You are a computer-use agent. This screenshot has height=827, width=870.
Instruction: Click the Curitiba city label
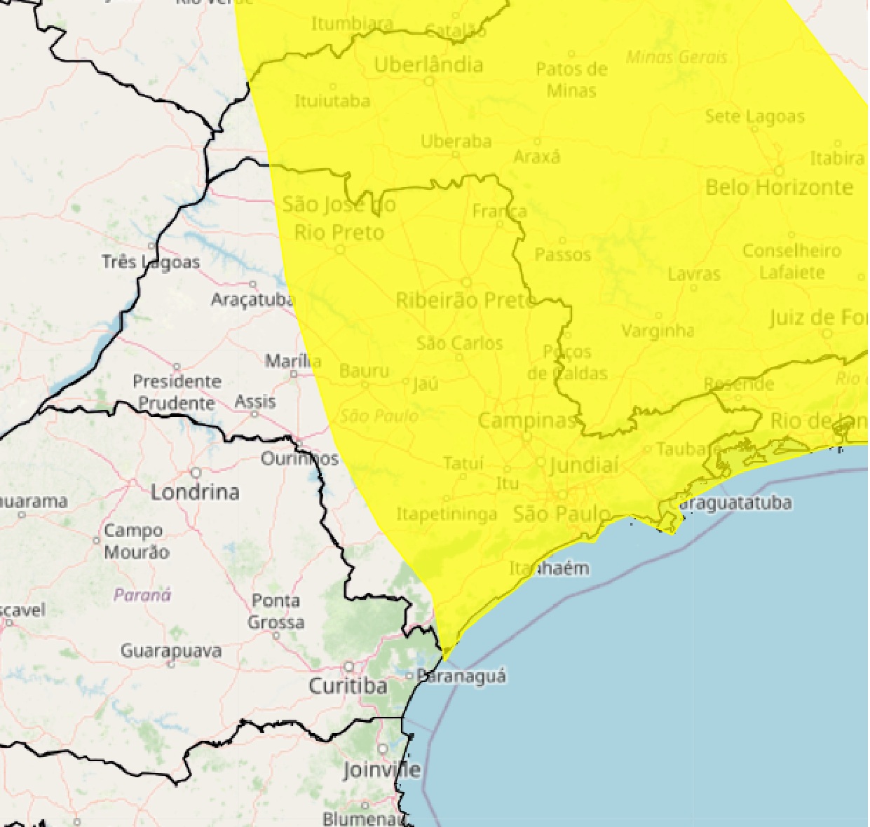(x=348, y=685)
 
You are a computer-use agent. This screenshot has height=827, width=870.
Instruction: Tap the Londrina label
(x=195, y=492)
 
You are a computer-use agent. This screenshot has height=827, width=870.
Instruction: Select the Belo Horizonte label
(x=779, y=188)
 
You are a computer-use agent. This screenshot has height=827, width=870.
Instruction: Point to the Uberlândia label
(x=428, y=65)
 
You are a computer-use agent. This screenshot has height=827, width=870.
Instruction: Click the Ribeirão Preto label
(x=465, y=301)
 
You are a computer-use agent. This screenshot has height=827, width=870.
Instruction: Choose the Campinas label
(x=526, y=421)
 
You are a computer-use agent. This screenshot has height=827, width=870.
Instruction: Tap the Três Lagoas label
(x=151, y=262)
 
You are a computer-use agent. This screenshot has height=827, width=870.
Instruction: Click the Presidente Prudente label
(x=177, y=392)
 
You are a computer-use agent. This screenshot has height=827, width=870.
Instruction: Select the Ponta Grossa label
(x=276, y=611)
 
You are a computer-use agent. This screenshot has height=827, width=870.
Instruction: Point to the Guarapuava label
(x=171, y=651)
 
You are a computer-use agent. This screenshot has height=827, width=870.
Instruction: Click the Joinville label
(x=381, y=770)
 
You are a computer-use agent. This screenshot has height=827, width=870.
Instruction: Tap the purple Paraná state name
(x=142, y=595)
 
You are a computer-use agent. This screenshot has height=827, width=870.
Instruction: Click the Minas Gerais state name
(x=677, y=57)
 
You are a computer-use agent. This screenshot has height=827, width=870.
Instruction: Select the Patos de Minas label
(x=571, y=79)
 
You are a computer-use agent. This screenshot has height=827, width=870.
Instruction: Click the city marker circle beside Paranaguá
(x=409, y=676)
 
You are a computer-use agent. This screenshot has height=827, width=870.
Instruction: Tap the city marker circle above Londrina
(x=196, y=473)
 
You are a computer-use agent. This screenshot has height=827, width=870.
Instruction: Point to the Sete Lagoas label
(x=754, y=116)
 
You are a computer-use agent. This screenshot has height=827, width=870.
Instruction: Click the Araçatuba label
(x=252, y=300)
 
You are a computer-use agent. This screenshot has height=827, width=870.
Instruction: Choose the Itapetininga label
(x=447, y=514)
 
